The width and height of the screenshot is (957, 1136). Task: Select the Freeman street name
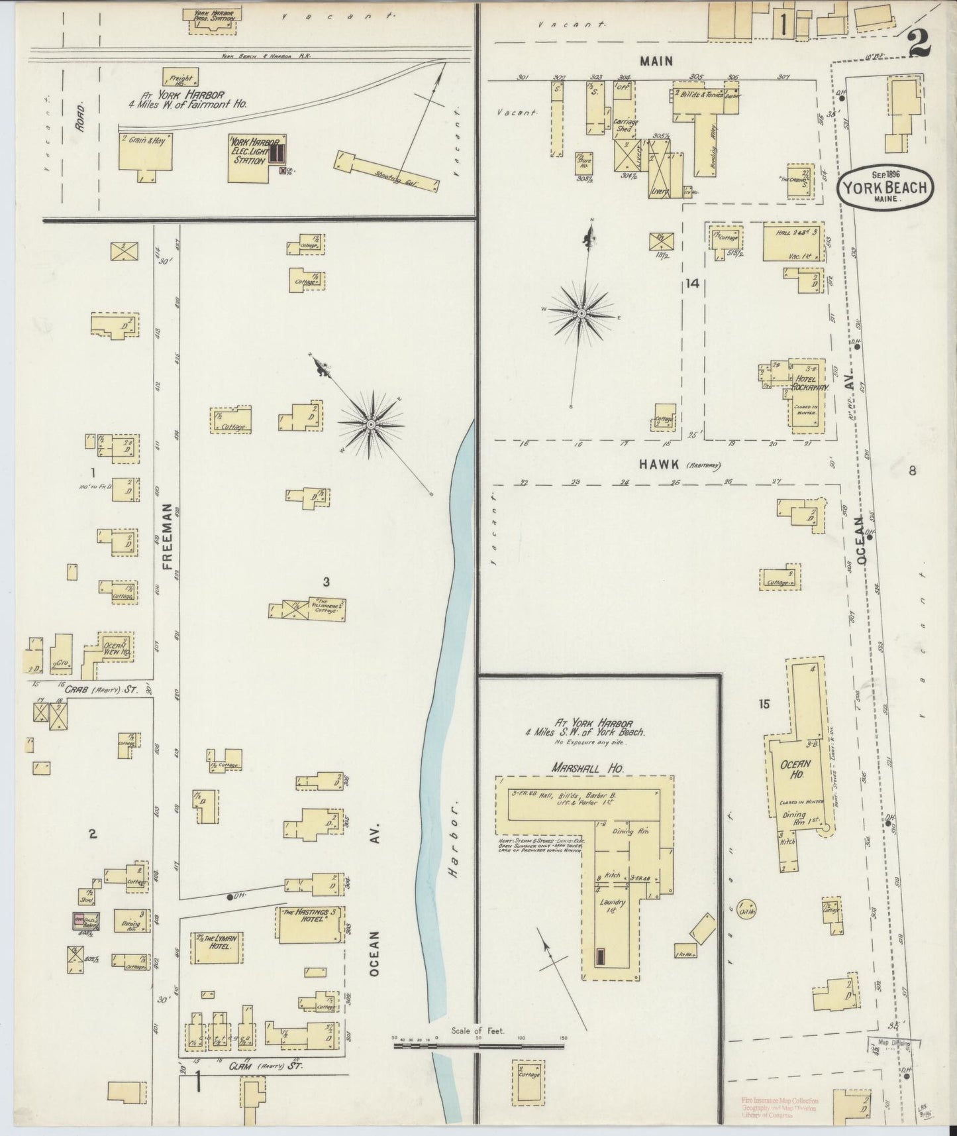168,537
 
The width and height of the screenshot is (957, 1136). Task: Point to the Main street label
656,61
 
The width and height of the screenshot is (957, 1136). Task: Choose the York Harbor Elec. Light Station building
257,159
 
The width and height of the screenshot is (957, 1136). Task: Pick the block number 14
693,284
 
